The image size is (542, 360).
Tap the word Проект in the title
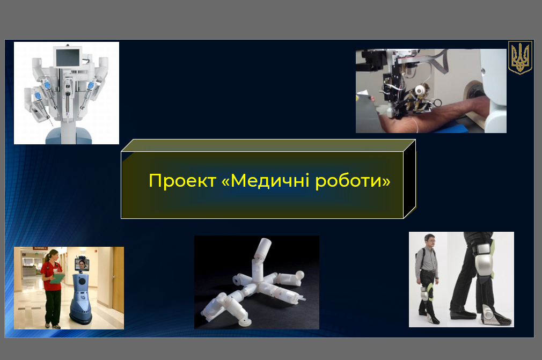(x=182, y=181)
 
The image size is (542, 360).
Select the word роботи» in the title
(x=353, y=181)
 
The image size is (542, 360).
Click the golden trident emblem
(x=520, y=58)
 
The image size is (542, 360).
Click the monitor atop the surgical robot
(x=68, y=57)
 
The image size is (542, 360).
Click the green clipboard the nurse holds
(x=57, y=278)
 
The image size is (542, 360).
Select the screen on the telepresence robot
(x=82, y=265)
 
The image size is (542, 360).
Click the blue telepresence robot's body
(x=81, y=297)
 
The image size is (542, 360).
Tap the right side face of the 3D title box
(x=409, y=179)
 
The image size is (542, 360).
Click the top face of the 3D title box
(x=268, y=145)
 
